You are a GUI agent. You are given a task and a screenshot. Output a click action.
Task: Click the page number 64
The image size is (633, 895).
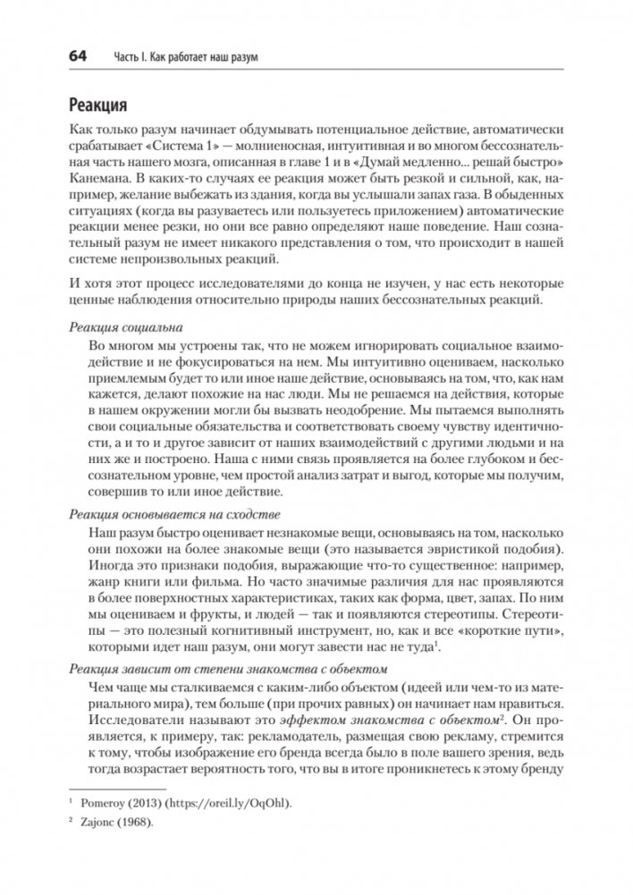click(72, 57)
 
